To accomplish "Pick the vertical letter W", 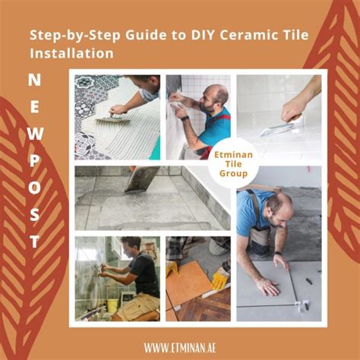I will (35, 134).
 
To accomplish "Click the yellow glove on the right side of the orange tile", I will (219, 279).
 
